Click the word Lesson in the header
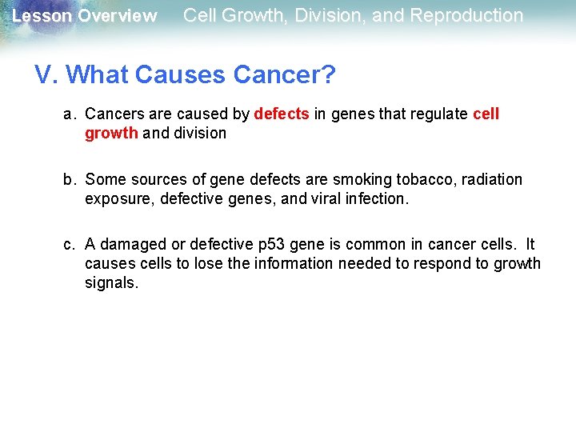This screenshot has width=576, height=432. click(41, 16)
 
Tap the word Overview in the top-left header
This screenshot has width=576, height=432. click(118, 16)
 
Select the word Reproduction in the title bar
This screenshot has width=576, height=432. click(466, 15)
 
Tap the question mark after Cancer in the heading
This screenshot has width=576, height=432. click(328, 75)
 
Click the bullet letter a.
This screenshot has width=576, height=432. click(70, 114)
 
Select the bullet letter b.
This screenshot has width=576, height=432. click(70, 180)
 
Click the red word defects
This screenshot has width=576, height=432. click(281, 114)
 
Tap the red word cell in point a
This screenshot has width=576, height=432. click(486, 114)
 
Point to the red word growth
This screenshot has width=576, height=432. click(111, 134)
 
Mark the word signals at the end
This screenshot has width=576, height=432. click(111, 283)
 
